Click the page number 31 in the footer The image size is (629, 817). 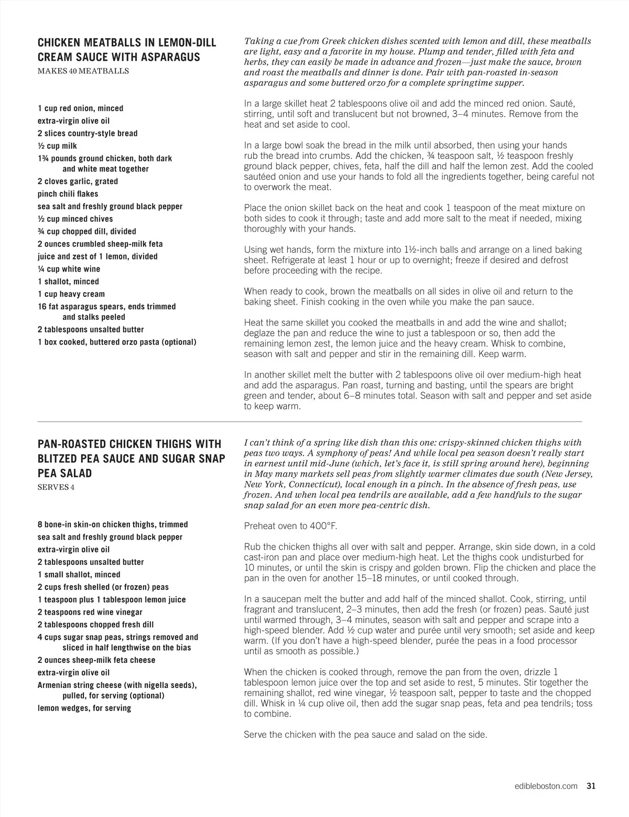click(x=591, y=786)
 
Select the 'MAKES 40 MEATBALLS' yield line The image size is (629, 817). click(x=83, y=71)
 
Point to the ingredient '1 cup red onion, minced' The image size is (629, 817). click(x=80, y=109)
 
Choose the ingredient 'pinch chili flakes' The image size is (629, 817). click(x=68, y=194)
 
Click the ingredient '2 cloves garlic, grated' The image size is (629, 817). click(x=78, y=181)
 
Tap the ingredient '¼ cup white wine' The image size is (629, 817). click(x=69, y=269)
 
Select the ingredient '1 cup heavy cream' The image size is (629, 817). click(x=71, y=294)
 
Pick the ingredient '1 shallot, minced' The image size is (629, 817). click(x=68, y=282)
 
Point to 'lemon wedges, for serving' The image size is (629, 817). click(x=84, y=708)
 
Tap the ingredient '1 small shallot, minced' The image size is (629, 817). click(x=79, y=575)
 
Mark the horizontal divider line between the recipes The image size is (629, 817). click(x=309, y=422)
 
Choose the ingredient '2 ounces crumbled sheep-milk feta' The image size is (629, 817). click(x=100, y=244)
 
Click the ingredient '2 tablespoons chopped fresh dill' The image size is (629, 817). click(x=95, y=625)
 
